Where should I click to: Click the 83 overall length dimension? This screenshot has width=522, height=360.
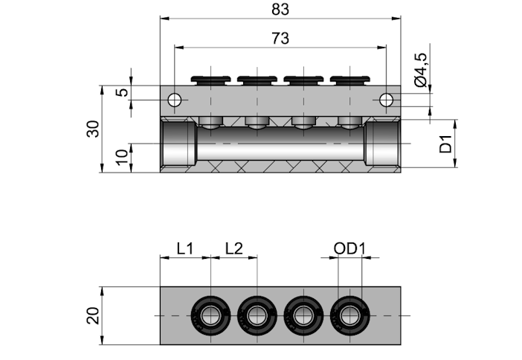[x=280, y=10]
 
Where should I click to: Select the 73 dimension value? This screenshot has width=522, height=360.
[x=280, y=38]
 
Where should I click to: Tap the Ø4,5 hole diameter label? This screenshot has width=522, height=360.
[x=421, y=70]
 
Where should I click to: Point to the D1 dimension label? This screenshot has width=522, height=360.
[x=445, y=144]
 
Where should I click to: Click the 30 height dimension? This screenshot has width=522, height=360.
[x=93, y=129]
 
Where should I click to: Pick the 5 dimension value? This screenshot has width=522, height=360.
[x=123, y=92]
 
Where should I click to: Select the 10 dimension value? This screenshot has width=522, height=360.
[x=122, y=157]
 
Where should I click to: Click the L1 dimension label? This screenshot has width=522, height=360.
[x=184, y=248]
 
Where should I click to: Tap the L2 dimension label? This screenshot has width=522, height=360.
[x=234, y=248]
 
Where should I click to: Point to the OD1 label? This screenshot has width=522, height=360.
[x=349, y=248]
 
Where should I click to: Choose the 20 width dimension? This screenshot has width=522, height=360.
[x=93, y=315]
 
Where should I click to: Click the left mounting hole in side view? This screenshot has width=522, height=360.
[x=175, y=100]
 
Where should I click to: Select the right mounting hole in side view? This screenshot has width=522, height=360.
[x=386, y=100]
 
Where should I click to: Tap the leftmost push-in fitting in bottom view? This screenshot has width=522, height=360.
[x=210, y=315]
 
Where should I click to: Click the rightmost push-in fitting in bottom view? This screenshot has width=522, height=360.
[x=350, y=315]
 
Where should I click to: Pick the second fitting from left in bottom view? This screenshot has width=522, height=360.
[x=257, y=315]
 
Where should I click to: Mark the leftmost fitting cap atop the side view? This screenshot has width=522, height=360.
[x=210, y=80]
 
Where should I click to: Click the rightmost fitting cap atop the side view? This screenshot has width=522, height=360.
[x=350, y=80]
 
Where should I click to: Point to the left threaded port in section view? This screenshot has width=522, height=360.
[x=178, y=144]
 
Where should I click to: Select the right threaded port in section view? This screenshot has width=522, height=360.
[x=383, y=144]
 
